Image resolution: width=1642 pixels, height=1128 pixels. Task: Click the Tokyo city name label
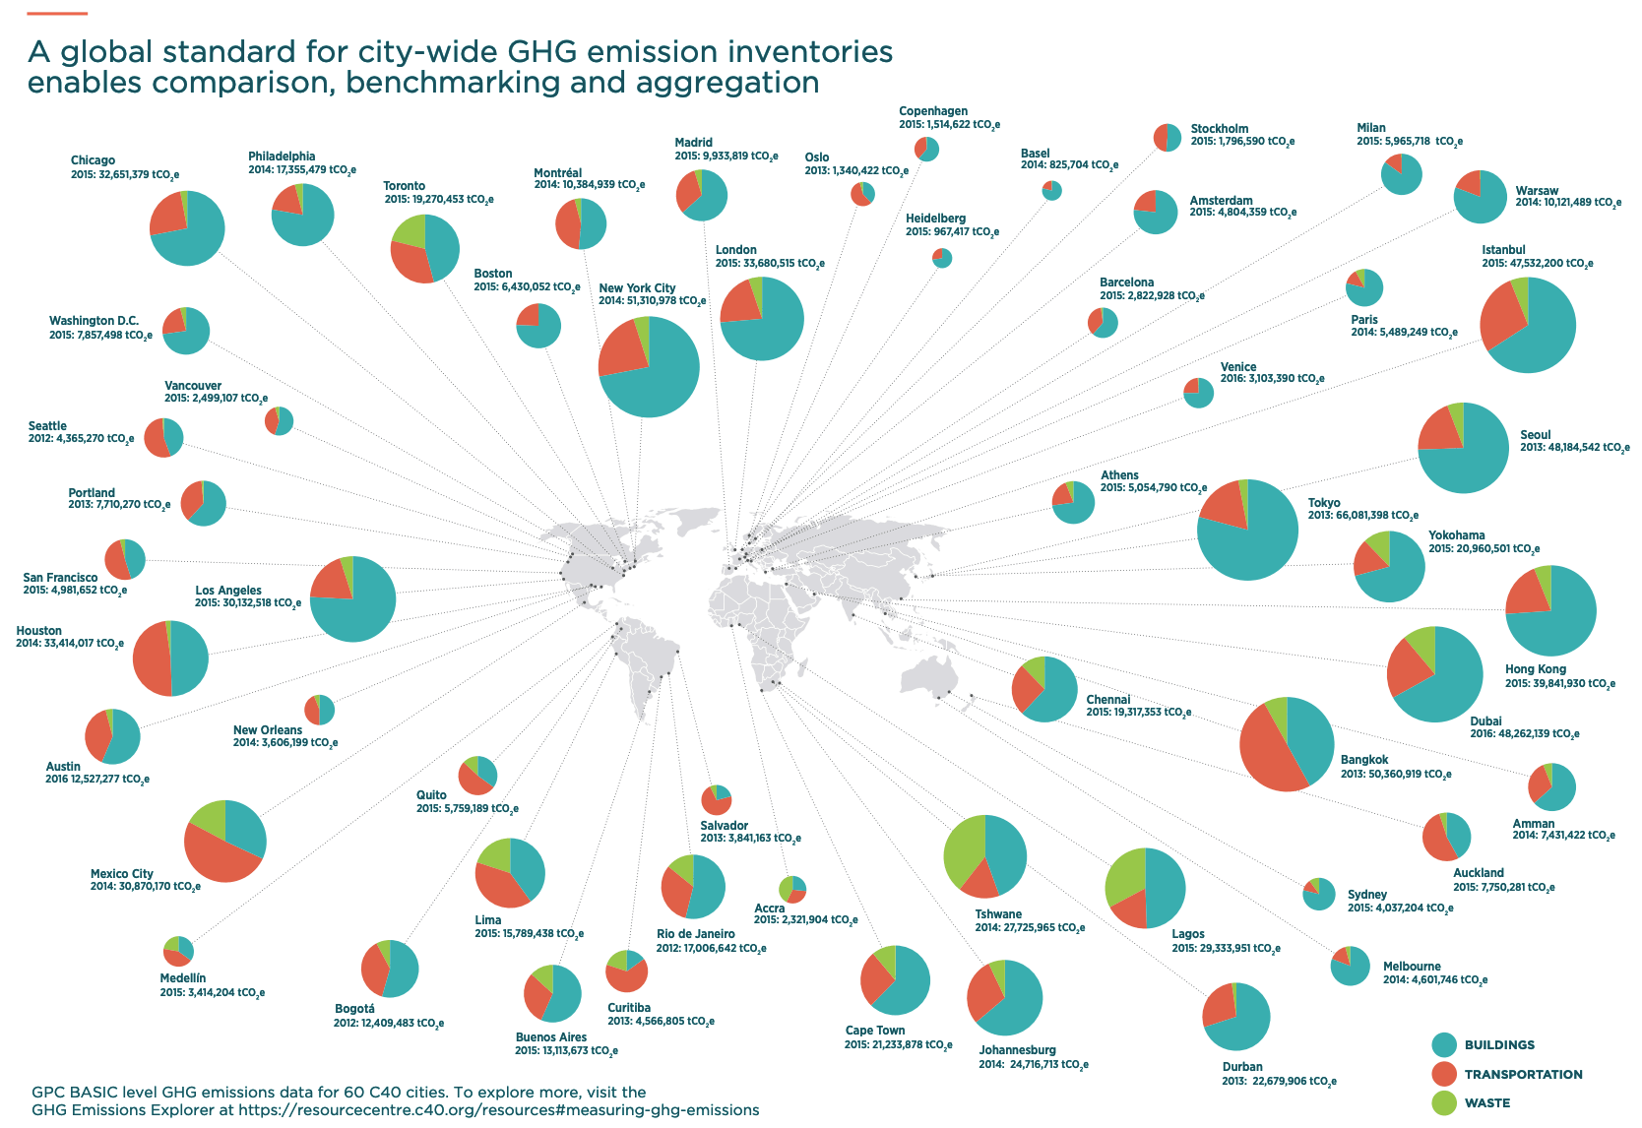[1324, 503]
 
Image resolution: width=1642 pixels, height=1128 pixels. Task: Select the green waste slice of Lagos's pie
[1124, 873]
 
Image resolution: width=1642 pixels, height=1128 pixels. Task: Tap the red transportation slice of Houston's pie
[151, 658]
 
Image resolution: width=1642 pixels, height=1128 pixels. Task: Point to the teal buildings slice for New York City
[660, 374]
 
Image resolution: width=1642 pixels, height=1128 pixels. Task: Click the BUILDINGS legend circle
[1444, 1045]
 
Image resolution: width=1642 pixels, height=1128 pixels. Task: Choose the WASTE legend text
[1486, 1103]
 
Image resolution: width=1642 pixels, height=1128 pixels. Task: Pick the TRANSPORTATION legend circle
[1444, 1074]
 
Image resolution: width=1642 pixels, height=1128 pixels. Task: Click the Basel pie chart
[1052, 191]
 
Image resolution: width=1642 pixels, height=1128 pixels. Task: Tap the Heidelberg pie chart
[942, 258]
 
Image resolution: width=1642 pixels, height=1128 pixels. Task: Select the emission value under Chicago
[125, 175]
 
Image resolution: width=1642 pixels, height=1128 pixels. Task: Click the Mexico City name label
[122, 874]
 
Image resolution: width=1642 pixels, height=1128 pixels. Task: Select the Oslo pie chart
[862, 194]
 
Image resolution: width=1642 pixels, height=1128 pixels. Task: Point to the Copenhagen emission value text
[949, 125]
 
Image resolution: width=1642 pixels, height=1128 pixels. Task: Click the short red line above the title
[58, 14]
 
